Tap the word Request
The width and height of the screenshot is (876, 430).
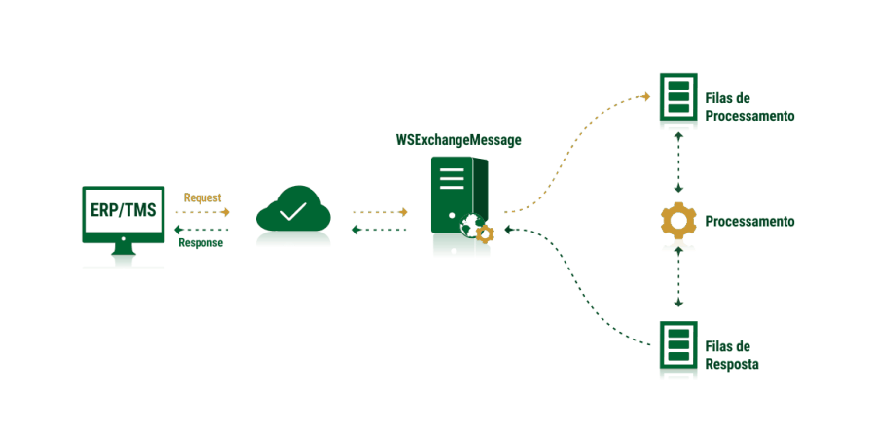point(202,197)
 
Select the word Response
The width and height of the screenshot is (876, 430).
point(201,243)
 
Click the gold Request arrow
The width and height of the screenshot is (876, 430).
point(202,211)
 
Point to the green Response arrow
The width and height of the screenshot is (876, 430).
point(201,230)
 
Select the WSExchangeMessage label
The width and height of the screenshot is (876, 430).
point(457,140)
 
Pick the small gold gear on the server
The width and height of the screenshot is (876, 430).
point(485,233)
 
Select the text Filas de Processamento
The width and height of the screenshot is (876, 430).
point(749,107)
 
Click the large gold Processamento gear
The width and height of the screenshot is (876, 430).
point(677,221)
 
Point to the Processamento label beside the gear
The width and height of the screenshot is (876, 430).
point(749,222)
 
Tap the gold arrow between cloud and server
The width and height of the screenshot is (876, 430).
point(380,211)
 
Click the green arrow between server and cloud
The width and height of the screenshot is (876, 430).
point(380,230)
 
